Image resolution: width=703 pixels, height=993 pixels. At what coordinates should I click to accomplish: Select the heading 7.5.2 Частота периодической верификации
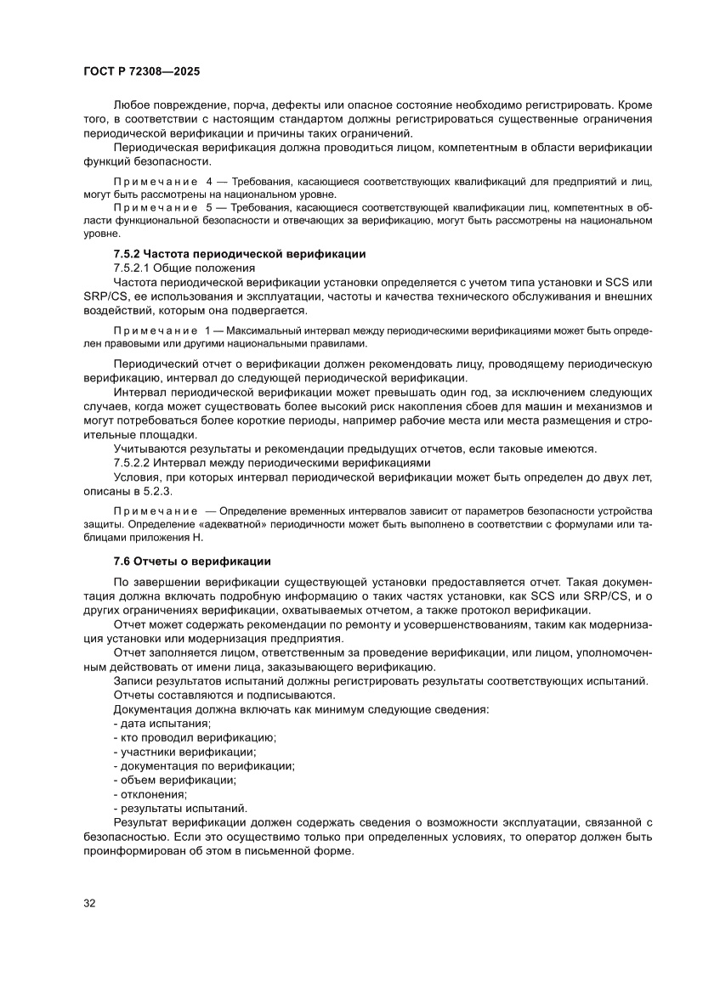coord(240,254)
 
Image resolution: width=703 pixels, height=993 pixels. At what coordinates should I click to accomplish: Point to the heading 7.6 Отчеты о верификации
coord(192,561)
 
